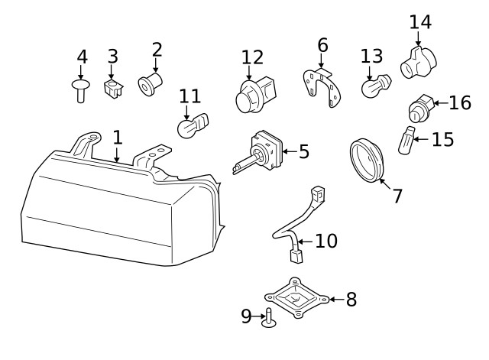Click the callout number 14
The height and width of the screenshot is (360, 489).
[419, 22]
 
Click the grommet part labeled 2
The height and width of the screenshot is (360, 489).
[151, 83]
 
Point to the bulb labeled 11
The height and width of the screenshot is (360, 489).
[190, 125]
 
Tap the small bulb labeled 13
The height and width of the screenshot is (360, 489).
[374, 85]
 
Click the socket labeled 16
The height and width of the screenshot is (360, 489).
[422, 108]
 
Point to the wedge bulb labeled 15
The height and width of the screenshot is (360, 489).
[406, 141]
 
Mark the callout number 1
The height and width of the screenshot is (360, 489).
[117, 138]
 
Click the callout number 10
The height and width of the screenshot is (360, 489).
[325, 242]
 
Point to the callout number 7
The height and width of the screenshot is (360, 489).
[397, 196]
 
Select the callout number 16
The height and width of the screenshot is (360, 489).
[460, 103]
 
